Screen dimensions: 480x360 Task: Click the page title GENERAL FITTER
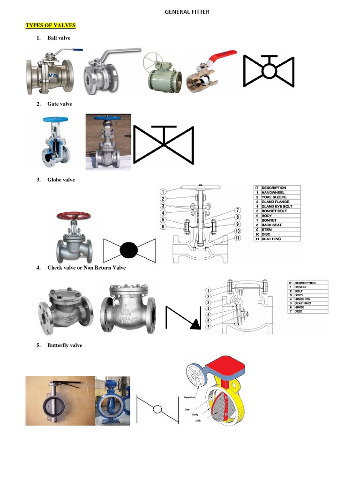[187, 12]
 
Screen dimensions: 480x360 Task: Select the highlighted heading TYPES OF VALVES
[50, 25]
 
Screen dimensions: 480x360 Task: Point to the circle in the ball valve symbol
[269, 71]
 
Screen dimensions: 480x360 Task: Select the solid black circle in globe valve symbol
[129, 250]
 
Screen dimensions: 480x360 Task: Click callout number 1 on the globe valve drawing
[163, 191]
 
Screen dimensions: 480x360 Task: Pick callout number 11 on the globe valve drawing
[238, 239]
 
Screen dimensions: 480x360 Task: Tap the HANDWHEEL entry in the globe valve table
[274, 193]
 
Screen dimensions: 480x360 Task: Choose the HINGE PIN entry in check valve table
[303, 299]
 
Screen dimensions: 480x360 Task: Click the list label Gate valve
[60, 104]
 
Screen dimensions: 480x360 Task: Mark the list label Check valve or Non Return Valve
[86, 268]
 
